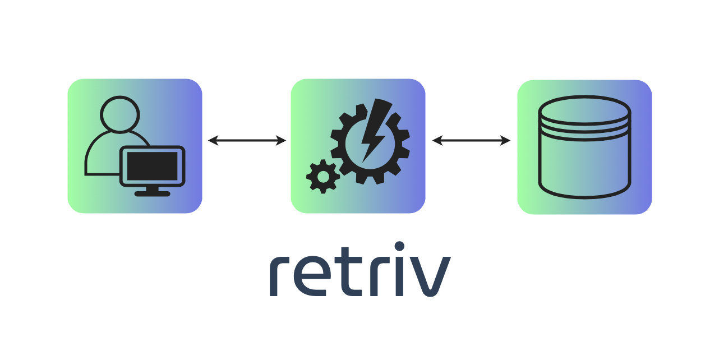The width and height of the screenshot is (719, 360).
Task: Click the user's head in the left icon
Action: coord(119,115)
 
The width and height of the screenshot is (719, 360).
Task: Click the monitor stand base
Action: coord(153,193)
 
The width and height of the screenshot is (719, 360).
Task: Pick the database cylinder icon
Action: coord(584,147)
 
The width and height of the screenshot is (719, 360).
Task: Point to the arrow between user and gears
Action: coord(247,140)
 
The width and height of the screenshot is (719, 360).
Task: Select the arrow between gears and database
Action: coord(471,140)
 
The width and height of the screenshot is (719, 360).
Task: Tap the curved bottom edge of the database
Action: coord(584,196)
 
